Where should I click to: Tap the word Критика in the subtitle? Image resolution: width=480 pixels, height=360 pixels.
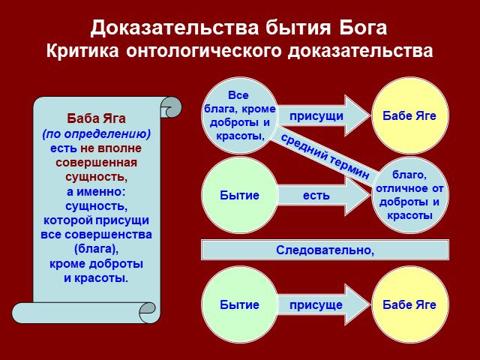click(x=82, y=50)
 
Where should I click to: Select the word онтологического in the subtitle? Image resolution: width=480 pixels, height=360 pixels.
click(x=203, y=51)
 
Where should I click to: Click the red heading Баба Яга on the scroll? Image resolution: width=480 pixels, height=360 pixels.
click(x=96, y=118)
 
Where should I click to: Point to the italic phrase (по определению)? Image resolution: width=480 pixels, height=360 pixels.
click(x=96, y=133)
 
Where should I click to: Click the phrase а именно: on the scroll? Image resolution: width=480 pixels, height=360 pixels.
click(x=96, y=192)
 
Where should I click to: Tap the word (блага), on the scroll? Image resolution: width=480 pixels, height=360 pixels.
click(x=96, y=249)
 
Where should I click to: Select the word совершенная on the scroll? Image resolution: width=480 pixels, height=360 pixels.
click(x=96, y=163)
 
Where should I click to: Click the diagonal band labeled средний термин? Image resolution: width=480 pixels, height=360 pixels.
click(x=325, y=157)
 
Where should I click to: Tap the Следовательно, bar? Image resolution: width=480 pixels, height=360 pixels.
click(x=325, y=250)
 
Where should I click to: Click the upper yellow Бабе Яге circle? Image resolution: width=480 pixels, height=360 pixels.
click(x=410, y=115)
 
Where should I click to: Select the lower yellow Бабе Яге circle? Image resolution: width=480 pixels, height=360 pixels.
click(x=410, y=304)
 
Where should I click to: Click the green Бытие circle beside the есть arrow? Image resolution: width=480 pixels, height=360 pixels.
click(x=239, y=195)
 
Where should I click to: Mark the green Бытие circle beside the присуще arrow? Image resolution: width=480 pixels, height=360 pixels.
click(x=239, y=304)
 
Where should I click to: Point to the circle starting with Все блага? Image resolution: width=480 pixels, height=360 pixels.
click(x=239, y=115)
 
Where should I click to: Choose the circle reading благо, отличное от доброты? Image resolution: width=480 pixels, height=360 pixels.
click(x=410, y=195)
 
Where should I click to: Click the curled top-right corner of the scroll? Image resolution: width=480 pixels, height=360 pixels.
click(x=171, y=107)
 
